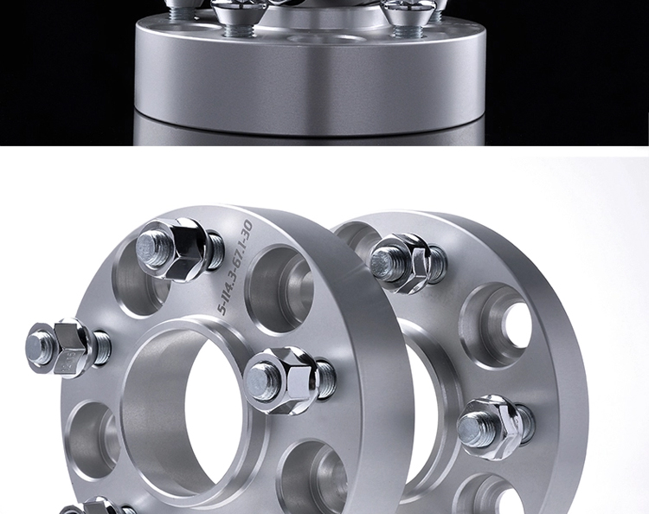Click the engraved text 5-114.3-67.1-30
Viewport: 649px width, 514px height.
235,267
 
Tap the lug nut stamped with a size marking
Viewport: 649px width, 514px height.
68,349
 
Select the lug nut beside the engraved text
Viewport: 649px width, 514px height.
181,249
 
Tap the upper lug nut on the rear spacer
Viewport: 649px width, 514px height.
408,263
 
